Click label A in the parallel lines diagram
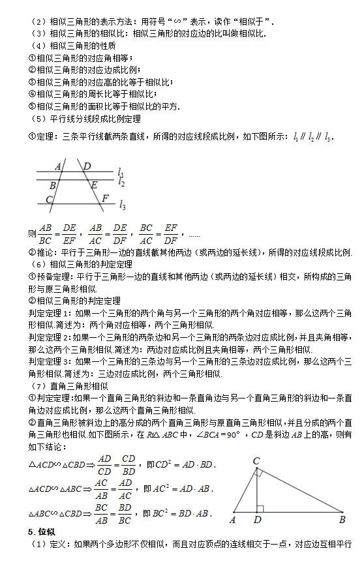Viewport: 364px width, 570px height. pyautogui.click(x=58, y=166)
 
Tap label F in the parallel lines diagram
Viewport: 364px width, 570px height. pyautogui.click(x=105, y=198)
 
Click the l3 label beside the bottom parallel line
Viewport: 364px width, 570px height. pyautogui.click(x=122, y=206)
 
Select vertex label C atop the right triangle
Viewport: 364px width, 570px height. pyautogui.click(x=256, y=461)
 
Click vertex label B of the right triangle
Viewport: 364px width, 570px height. pyautogui.click(x=342, y=520)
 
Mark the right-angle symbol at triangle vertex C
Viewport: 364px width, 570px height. pyautogui.click(x=258, y=472)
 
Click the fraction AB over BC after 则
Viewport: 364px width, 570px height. pyautogui.click(x=45, y=233)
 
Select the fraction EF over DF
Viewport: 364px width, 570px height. pyautogui.click(x=171, y=233)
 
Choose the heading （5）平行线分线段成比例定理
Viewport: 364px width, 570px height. pyautogui.click(x=85, y=119)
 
